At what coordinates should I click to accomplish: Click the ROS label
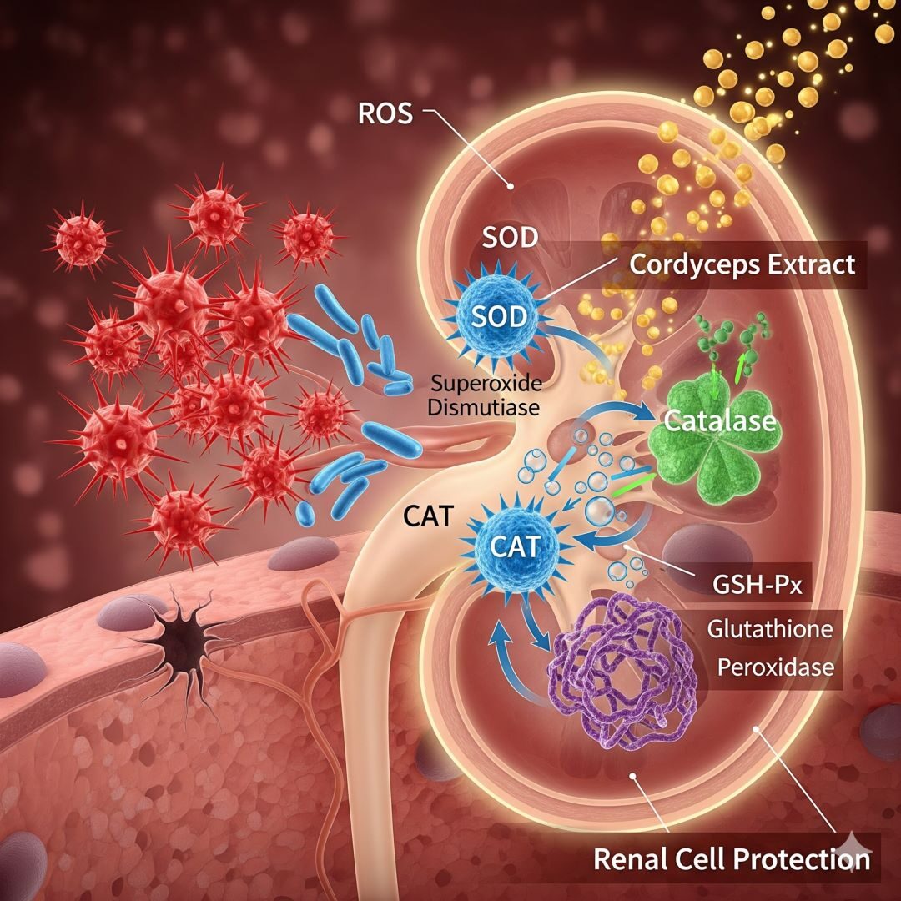click(385, 114)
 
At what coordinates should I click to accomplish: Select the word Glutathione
click(769, 627)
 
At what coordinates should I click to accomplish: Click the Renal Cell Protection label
click(731, 858)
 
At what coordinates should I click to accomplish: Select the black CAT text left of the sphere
click(429, 516)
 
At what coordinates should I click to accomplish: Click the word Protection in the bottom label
click(800, 858)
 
